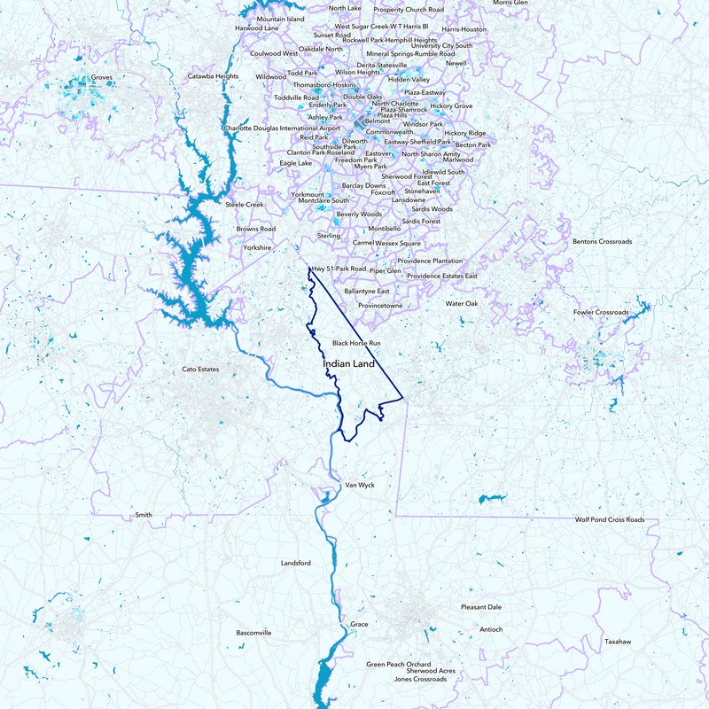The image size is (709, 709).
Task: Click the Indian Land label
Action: click(x=348, y=364)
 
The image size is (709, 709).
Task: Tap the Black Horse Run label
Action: click(x=356, y=342)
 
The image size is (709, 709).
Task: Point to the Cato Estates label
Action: click(x=200, y=369)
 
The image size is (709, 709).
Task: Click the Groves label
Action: click(x=103, y=77)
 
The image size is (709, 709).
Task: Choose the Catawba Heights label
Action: click(x=213, y=76)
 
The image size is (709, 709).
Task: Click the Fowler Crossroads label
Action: click(x=601, y=313)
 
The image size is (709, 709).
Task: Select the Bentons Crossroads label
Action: click(x=603, y=241)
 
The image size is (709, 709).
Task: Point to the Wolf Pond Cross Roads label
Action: click(x=610, y=520)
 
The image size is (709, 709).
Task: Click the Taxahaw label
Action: click(x=619, y=641)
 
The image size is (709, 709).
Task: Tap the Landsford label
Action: click(x=296, y=563)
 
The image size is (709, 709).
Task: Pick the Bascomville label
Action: click(x=254, y=633)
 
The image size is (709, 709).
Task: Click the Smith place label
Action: click(x=143, y=515)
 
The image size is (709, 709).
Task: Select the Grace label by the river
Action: click(x=359, y=624)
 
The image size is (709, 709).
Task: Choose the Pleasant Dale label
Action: click(x=481, y=607)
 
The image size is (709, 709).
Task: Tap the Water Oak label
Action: click(x=461, y=303)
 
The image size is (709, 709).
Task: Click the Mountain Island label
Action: click(x=280, y=19)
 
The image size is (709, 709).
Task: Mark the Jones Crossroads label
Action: click(x=420, y=680)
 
